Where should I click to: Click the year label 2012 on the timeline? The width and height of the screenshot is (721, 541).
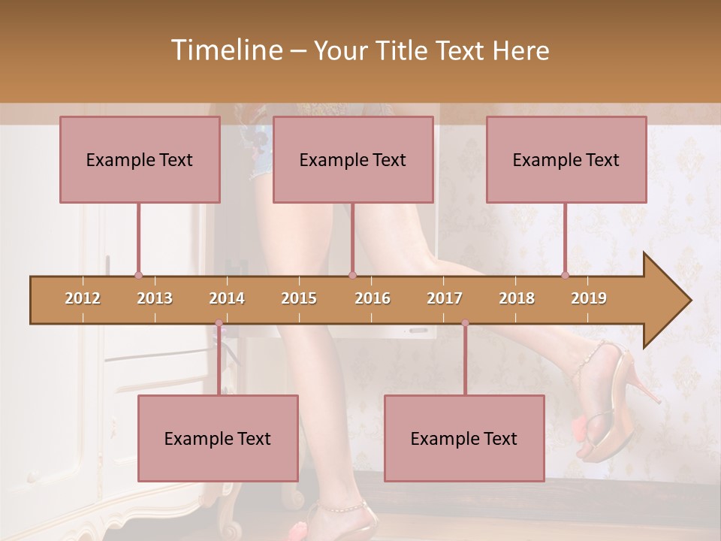point(83,298)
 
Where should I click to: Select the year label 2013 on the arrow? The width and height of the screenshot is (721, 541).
point(155,298)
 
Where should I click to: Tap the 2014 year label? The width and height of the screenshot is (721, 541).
point(227,298)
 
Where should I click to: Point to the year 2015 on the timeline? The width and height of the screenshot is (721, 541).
point(299,298)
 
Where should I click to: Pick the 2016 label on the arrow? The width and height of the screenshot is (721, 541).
point(373,298)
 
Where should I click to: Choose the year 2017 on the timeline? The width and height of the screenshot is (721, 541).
point(445,298)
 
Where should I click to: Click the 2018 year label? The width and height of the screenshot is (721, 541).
point(517,298)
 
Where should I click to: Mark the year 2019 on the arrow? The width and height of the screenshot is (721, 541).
point(589,298)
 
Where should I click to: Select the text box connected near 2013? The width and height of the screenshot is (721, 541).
point(140,159)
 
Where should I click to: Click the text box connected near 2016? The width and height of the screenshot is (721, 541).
point(353,159)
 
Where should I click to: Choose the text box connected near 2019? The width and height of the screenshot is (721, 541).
point(566,159)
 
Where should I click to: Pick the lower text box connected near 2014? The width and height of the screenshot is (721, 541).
point(218,438)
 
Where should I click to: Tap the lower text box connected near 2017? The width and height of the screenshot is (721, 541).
point(464,438)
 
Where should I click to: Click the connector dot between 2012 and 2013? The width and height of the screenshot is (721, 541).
point(138,275)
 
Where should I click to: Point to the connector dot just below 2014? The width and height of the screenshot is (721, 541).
point(219,323)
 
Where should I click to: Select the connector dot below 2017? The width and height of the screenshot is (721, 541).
point(465,323)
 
